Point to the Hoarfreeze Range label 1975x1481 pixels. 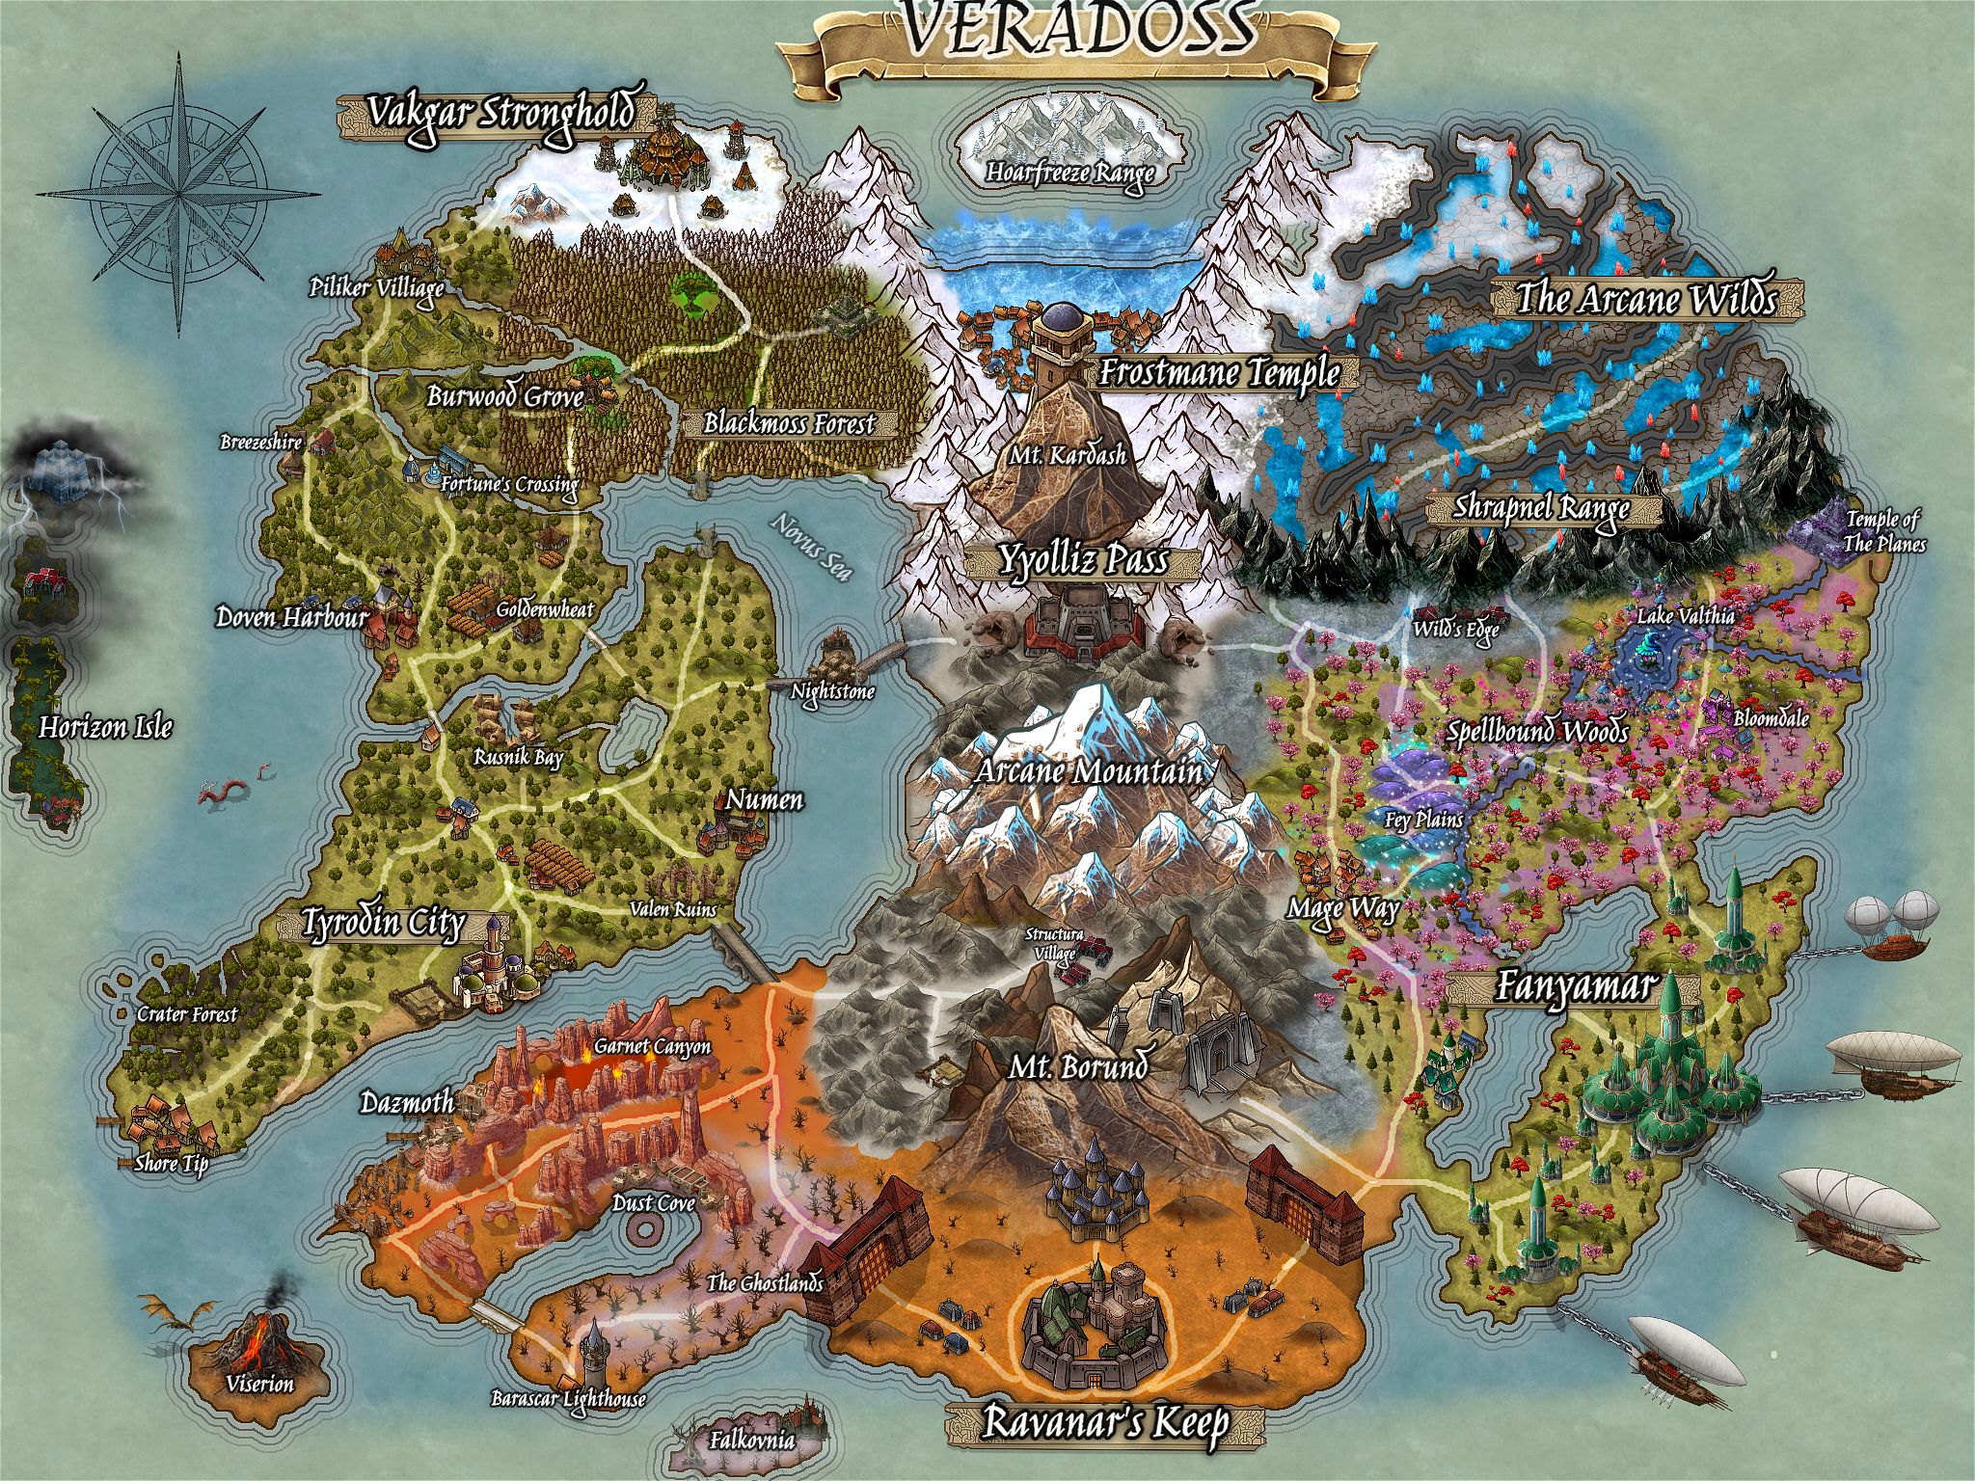click(1069, 173)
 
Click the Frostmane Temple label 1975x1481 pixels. click(1219, 371)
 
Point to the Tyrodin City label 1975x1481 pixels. click(383, 924)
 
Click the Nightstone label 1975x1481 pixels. click(832, 691)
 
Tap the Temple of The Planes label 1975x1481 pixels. click(1882, 532)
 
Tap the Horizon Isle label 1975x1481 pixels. click(105, 727)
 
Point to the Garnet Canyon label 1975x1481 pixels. click(652, 1045)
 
